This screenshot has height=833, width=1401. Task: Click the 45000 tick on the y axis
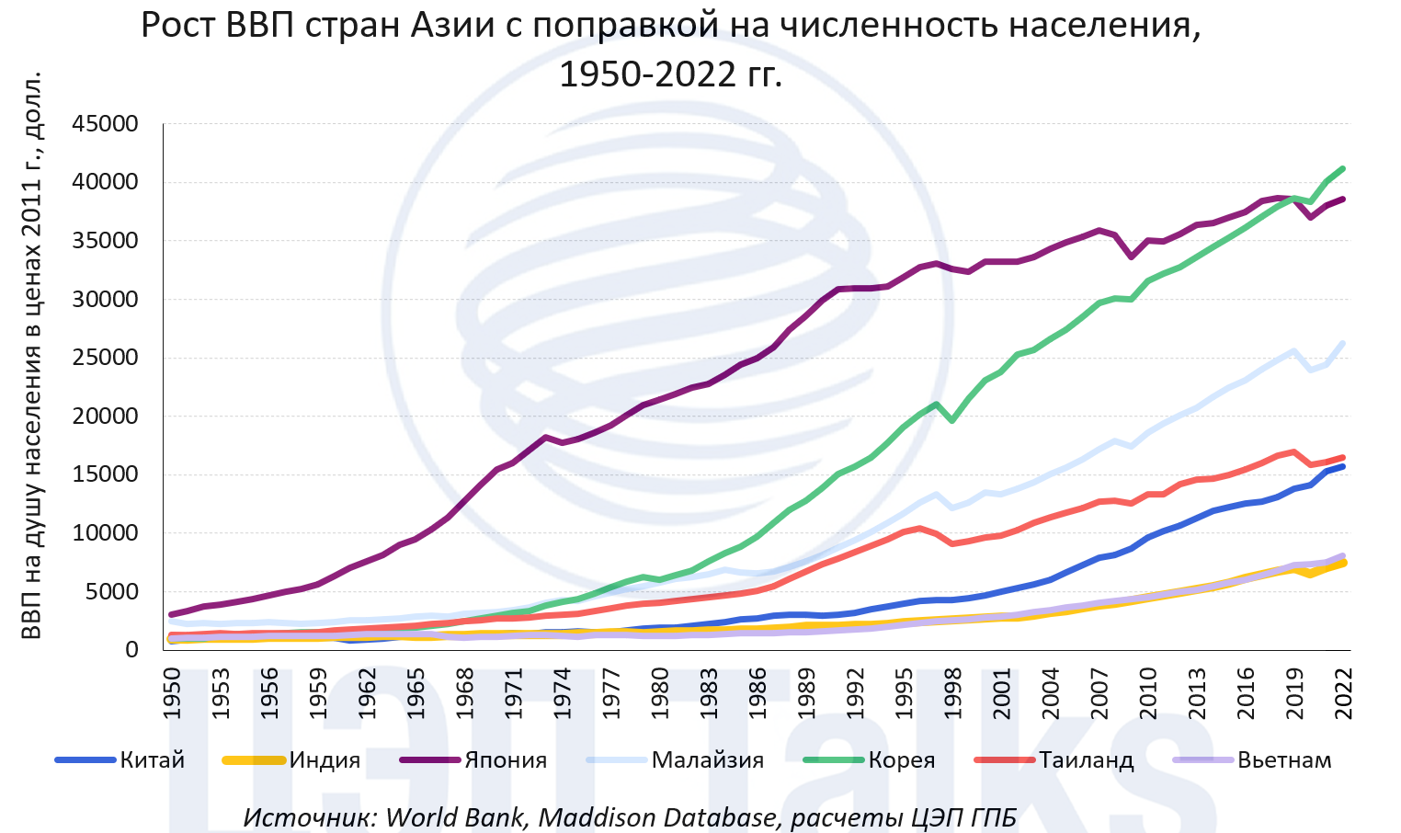click(x=107, y=124)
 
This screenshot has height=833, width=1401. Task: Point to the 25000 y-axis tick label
click(x=107, y=358)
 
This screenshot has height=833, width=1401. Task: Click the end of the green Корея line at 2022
click(x=1343, y=169)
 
